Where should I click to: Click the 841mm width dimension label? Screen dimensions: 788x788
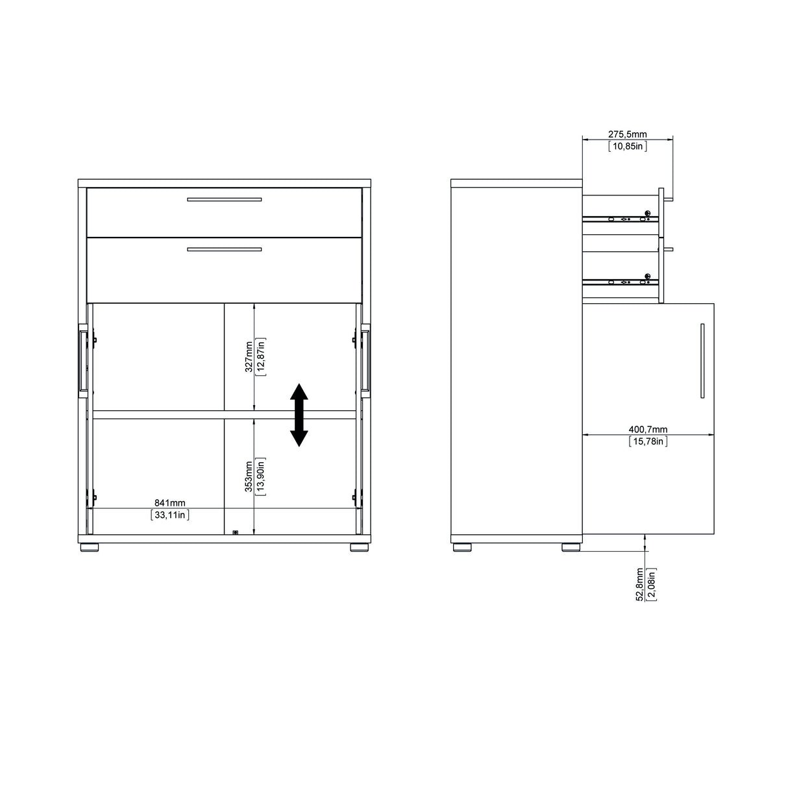(169, 503)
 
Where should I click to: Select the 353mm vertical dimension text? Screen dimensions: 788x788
(249, 477)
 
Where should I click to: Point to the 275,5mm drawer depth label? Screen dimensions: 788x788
(627, 134)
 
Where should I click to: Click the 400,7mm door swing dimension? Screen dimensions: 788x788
(648, 429)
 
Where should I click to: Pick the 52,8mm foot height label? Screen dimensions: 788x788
(639, 584)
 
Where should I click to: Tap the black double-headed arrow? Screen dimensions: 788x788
(299, 415)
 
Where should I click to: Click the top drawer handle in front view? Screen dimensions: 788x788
(224, 199)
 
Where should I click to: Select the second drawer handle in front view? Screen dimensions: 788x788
(224, 249)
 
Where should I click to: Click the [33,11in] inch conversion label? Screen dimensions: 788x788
(170, 515)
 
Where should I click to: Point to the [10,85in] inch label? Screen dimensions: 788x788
(627, 146)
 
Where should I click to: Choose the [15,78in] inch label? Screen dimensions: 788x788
(648, 441)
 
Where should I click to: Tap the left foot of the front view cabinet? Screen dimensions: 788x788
(90, 547)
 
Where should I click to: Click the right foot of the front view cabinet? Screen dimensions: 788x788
(358, 547)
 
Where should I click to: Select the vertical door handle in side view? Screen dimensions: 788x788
(702, 360)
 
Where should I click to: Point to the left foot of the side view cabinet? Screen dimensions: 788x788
(462, 547)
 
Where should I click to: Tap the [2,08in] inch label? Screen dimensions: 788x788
(651, 584)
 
